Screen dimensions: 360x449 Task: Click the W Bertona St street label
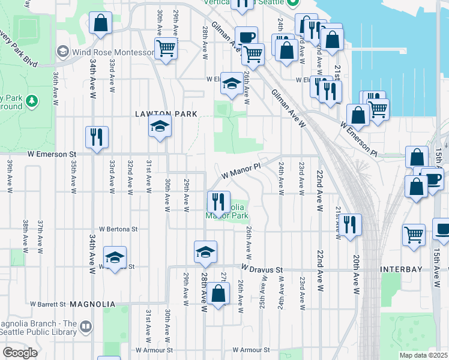pyautogui.click(x=118, y=229)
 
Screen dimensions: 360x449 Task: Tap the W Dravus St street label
pyautogui.click(x=262, y=270)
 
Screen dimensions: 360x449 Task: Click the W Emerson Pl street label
pyautogui.click(x=359, y=140)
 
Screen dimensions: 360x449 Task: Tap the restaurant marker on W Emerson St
pyautogui.click(x=97, y=137)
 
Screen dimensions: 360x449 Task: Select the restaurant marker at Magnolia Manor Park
pyautogui.click(x=218, y=202)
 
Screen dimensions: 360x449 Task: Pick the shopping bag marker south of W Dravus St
pyautogui.click(x=218, y=294)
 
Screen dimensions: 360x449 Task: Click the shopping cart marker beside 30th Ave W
pyautogui.click(x=166, y=48)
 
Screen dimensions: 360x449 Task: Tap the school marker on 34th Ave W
pyautogui.click(x=115, y=258)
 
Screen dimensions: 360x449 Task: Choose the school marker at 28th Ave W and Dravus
pyautogui.click(x=205, y=253)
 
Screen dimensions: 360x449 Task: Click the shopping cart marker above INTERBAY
pyautogui.click(x=414, y=235)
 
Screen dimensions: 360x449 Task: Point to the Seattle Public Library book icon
pyautogui.click(x=86, y=326)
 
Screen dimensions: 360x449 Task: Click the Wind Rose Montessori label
pyautogui.click(x=112, y=52)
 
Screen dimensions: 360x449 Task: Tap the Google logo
pyautogui.click(x=20, y=353)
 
